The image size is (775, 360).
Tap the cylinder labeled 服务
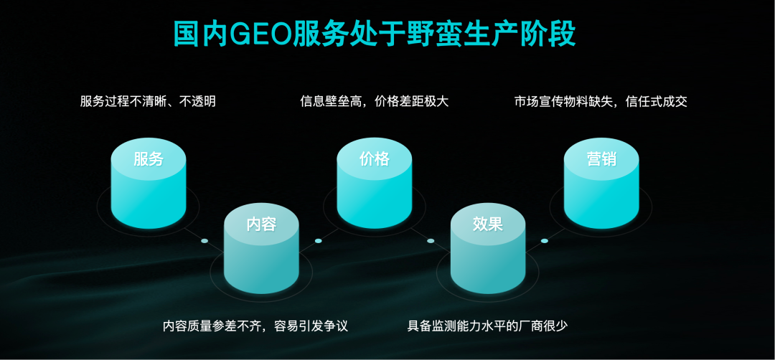pos(149,183)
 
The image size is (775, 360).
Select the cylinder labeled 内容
pos(261,248)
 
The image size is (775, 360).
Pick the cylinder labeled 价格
pos(374,183)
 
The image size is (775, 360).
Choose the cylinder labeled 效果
pos(488,248)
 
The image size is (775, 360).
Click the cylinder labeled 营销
pos(601,183)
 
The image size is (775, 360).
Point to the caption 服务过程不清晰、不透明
pos(148,102)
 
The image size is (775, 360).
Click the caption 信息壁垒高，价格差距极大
pos(374,102)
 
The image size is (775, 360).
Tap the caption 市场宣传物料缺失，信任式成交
pos(601,102)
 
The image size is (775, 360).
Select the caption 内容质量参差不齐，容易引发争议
pos(255,326)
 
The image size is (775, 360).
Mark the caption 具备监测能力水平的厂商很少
pos(487,326)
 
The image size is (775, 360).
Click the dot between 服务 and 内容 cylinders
pos(205,241)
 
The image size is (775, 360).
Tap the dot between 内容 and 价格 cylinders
pos(319,241)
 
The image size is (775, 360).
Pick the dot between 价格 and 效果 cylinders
pos(431,241)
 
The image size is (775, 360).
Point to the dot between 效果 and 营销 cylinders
pos(545,241)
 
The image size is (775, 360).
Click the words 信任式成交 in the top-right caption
pos(657,102)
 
